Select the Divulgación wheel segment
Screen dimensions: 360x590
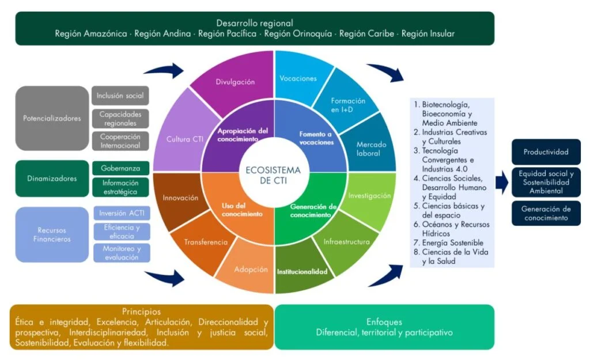pyautogui.click(x=235, y=82)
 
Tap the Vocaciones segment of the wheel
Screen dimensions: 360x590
pyautogui.click(x=298, y=78)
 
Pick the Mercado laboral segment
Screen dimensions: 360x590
pyautogui.click(x=371, y=148)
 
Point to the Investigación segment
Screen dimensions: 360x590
pyautogui.click(x=369, y=196)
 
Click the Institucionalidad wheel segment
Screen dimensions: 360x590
pyautogui.click(x=302, y=271)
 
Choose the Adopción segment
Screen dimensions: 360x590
pyautogui.click(x=251, y=269)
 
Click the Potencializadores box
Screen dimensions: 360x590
pyautogui.click(x=52, y=119)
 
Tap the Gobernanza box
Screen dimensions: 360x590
pyautogui.click(x=120, y=168)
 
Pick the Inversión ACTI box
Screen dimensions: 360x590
pyautogui.click(x=122, y=214)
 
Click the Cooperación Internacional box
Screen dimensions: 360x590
pyautogui.click(x=120, y=141)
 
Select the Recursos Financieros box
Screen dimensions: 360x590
pyautogui.click(x=52, y=234)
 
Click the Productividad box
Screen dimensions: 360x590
pyautogui.click(x=546, y=152)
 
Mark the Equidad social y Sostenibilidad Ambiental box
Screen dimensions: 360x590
pyautogui.click(x=546, y=182)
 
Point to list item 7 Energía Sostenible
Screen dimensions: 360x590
pyautogui.click(x=452, y=243)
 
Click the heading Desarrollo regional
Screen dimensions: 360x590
pyautogui.click(x=255, y=23)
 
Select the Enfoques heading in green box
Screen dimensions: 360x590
pyautogui.click(x=384, y=322)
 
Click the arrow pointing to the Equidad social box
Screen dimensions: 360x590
pyautogui.click(x=502, y=183)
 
